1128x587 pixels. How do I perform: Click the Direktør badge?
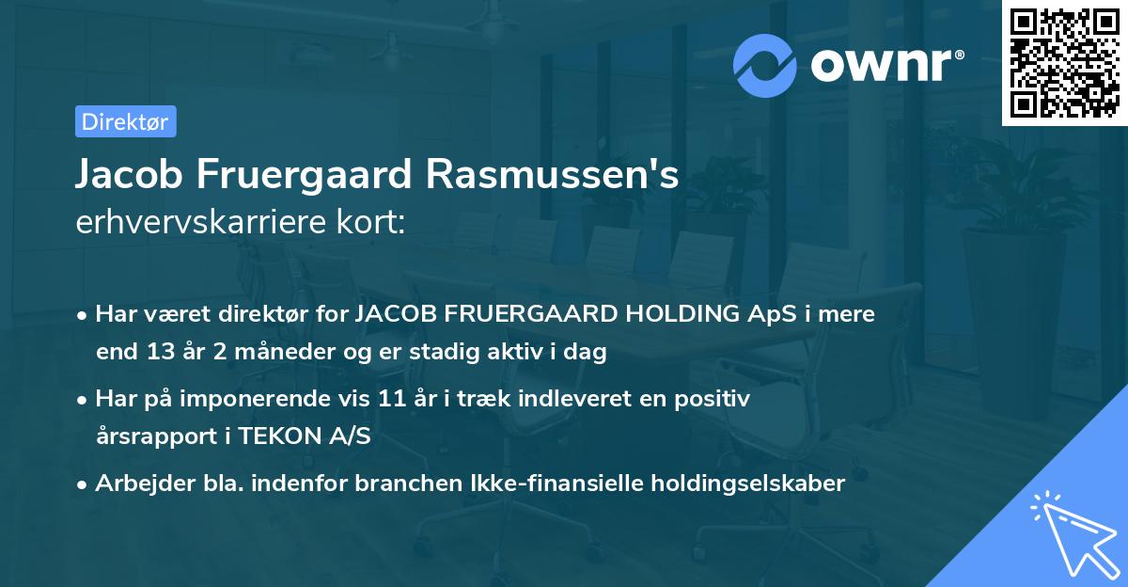tap(125, 121)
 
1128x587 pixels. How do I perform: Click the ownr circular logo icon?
tap(766, 66)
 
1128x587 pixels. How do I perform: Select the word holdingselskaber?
tap(746, 484)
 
